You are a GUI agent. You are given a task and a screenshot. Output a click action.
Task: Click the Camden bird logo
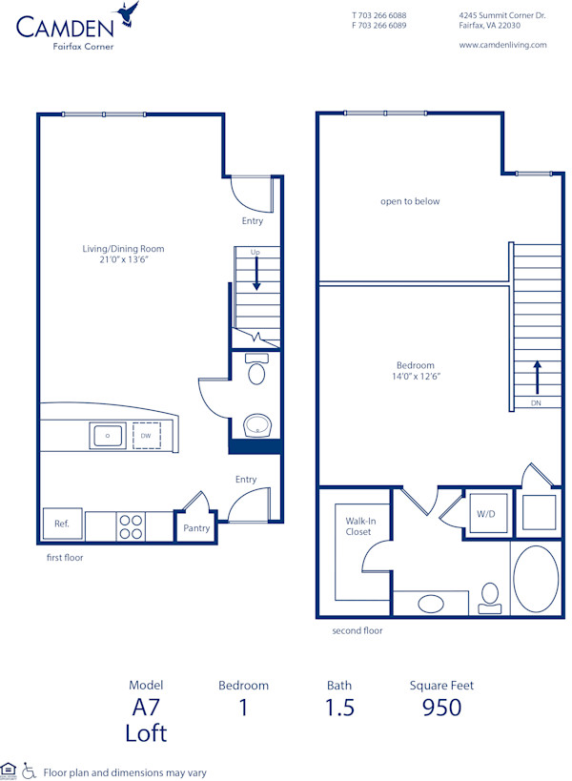127,14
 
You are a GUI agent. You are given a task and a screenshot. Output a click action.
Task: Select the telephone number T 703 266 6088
378,15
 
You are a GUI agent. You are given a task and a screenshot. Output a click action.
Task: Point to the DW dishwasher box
146,436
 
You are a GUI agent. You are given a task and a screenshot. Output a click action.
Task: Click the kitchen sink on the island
107,436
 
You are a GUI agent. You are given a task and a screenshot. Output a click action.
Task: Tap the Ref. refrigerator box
61,524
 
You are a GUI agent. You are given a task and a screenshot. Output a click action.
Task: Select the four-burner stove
132,526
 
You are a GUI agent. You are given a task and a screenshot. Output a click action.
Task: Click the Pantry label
196,528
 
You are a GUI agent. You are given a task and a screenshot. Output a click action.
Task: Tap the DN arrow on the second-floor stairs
537,378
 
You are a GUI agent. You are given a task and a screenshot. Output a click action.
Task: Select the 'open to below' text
410,201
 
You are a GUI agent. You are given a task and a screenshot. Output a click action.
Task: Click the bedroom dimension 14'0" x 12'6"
416,377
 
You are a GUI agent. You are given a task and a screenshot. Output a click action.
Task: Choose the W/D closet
485,513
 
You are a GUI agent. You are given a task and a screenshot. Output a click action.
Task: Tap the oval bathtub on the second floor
536,579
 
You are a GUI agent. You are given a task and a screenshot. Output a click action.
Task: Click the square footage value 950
441,707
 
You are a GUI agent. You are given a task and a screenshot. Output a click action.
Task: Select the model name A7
146,707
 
